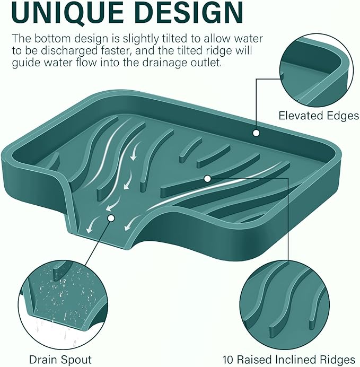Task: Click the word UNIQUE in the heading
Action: point(68,12)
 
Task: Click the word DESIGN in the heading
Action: point(189,12)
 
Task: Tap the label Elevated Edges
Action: point(319,116)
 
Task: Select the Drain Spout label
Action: point(60,360)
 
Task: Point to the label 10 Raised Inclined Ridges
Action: point(288,360)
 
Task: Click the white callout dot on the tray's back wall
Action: point(256,133)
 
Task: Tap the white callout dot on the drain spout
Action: point(111,218)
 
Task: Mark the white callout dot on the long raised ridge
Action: point(207,179)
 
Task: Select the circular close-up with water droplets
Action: point(63,305)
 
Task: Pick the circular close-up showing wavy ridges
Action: point(285,305)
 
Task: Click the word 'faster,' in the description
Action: point(113,50)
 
